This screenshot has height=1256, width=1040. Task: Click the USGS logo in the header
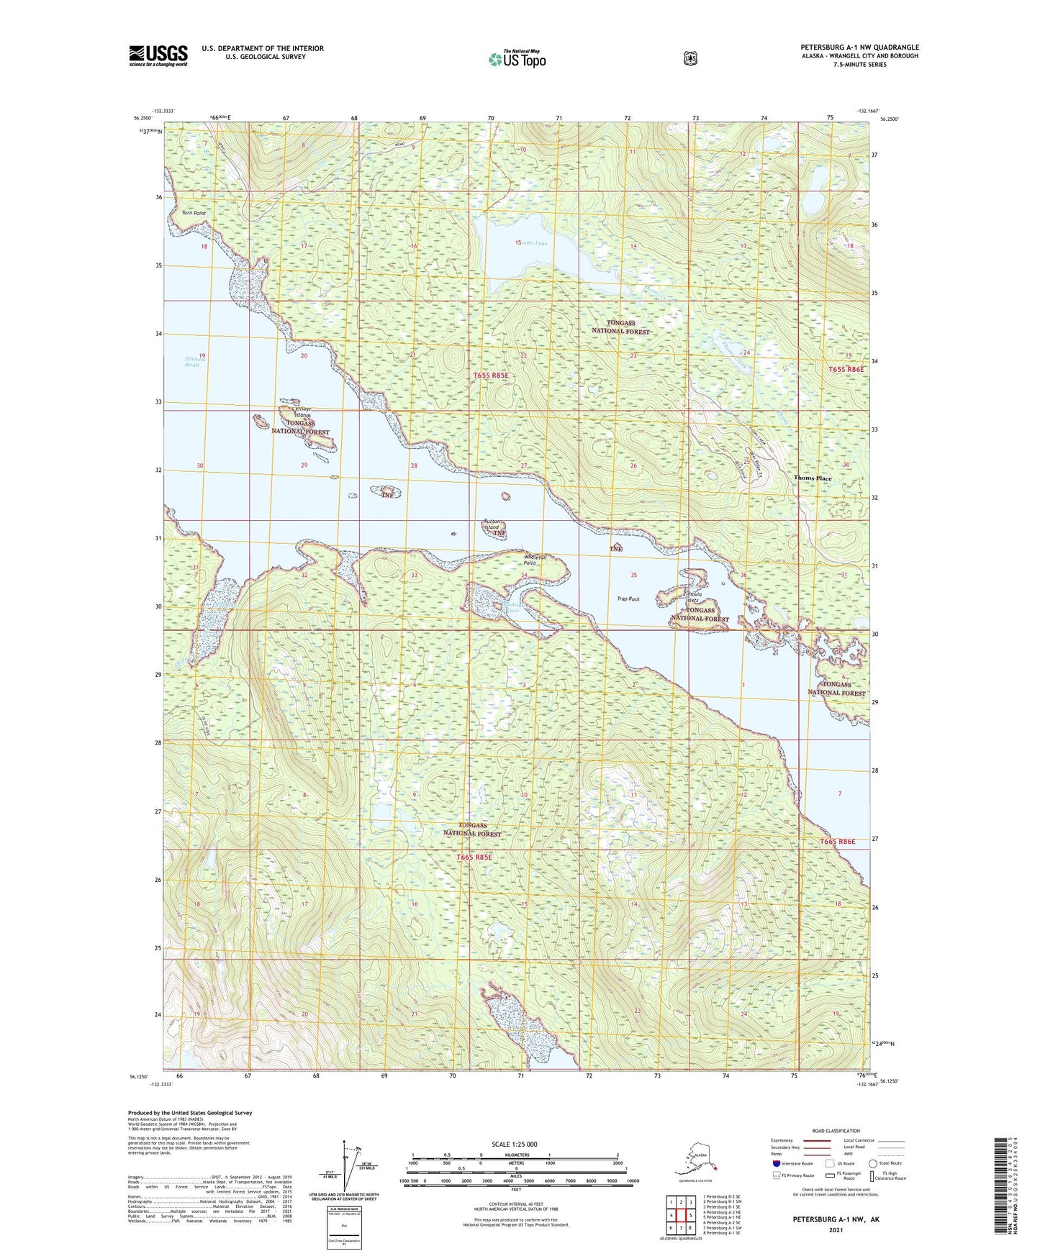158,55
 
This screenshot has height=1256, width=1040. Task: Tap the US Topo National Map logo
517,58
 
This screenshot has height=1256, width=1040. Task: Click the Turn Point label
194,214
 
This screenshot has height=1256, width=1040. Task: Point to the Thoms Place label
812,478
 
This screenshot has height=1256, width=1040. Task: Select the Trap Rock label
628,599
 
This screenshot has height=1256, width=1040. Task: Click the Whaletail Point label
535,560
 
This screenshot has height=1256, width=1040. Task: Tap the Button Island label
492,524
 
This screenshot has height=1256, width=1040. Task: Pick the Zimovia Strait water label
192,362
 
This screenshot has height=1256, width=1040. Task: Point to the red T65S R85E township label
491,376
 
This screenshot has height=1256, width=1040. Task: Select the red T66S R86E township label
837,841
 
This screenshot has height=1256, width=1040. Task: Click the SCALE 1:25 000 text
514,1144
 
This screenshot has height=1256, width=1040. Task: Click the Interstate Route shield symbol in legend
776,1163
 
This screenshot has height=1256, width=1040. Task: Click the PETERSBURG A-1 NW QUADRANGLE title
859,47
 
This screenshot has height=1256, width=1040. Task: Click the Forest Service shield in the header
690,58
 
